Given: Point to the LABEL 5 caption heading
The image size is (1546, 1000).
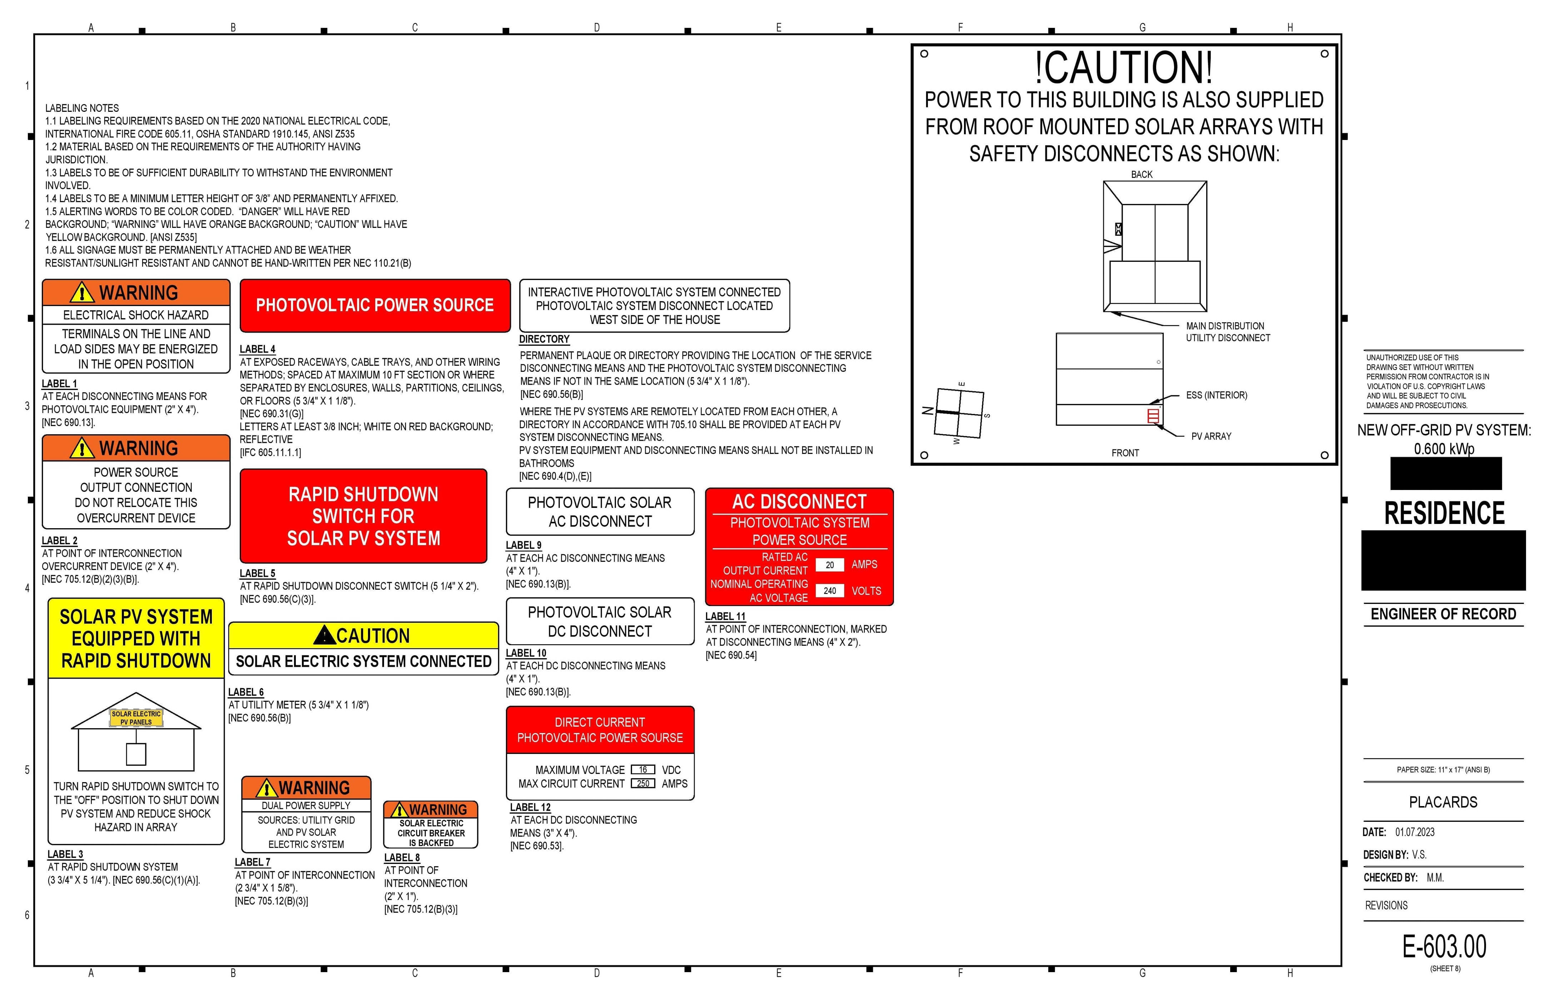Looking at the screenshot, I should tap(257, 573).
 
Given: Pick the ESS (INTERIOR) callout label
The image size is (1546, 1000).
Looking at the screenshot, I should tap(1216, 395).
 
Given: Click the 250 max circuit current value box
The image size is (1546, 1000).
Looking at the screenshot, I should tap(642, 784).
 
